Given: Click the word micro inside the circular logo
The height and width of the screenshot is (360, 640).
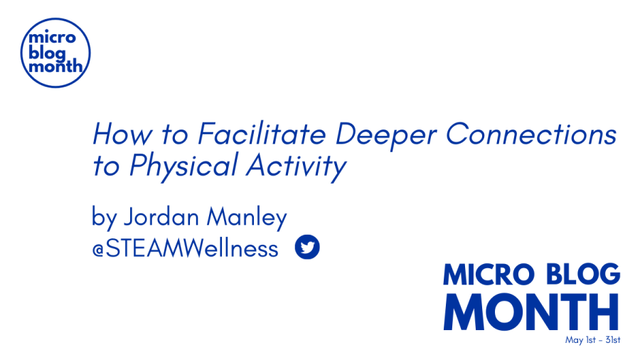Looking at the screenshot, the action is point(52,38).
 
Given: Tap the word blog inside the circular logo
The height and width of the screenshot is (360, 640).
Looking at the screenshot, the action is point(47,53).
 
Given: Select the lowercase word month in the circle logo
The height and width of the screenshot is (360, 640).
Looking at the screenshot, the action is point(55,65).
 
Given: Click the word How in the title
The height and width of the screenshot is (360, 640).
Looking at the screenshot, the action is point(122,134).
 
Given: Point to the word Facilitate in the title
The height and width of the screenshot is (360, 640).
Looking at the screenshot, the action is point(262,134).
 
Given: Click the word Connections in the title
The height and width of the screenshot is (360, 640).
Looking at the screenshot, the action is point(531,134).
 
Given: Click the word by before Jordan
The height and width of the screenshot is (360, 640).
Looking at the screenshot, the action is point(105,217).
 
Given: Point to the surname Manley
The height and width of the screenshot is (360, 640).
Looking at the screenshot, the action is point(247,218).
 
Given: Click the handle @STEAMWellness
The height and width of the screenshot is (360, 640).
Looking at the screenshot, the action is point(186,248).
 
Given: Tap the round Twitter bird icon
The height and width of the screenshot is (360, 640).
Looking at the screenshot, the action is point(307,247).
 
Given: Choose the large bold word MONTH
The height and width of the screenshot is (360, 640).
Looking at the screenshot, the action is point(531,312).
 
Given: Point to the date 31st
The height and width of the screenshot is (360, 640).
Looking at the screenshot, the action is point(613,339).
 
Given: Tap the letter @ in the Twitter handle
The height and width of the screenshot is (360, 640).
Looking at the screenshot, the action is point(98,250).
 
